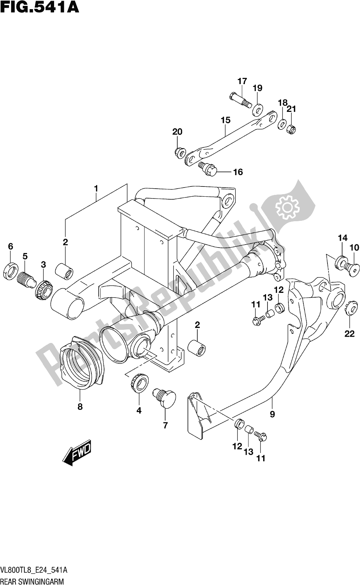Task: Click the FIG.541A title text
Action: (x=39, y=7)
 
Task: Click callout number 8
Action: (x=80, y=406)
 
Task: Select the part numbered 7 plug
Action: (x=165, y=397)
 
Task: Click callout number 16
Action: (x=238, y=172)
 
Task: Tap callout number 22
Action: (x=349, y=333)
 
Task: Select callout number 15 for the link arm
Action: (x=225, y=120)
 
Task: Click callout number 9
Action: (x=272, y=414)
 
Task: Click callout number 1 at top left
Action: (x=96, y=189)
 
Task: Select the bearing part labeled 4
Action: (x=139, y=383)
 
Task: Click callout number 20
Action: (x=177, y=132)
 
